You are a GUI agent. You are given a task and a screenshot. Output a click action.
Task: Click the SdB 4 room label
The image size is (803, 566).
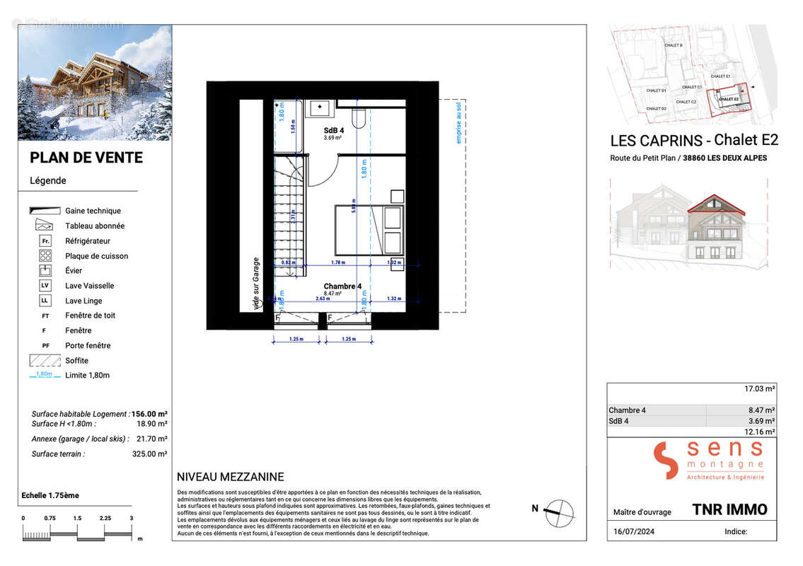click(334, 130)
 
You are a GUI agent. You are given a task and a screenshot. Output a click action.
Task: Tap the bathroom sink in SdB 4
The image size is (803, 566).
click(320, 108)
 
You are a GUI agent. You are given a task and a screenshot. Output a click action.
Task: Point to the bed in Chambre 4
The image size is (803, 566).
click(368, 229)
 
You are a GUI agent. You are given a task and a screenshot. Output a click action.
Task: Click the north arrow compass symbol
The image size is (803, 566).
click(559, 511)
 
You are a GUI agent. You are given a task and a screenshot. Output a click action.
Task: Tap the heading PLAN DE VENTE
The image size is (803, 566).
click(86, 158)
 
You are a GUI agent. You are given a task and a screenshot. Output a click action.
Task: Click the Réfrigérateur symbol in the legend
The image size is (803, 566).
click(45, 241)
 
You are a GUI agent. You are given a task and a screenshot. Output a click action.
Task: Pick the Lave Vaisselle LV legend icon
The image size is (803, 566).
click(45, 286)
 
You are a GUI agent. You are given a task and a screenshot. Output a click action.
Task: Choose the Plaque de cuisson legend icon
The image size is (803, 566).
click(45, 256)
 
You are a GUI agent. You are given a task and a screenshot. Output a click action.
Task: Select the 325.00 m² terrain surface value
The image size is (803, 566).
click(149, 454)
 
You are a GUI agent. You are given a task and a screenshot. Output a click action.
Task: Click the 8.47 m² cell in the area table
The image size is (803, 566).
click(761, 410)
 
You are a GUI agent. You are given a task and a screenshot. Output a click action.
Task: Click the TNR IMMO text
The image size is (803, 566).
click(729, 509)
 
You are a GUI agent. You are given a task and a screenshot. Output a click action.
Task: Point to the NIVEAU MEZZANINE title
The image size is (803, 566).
click(230, 477)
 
